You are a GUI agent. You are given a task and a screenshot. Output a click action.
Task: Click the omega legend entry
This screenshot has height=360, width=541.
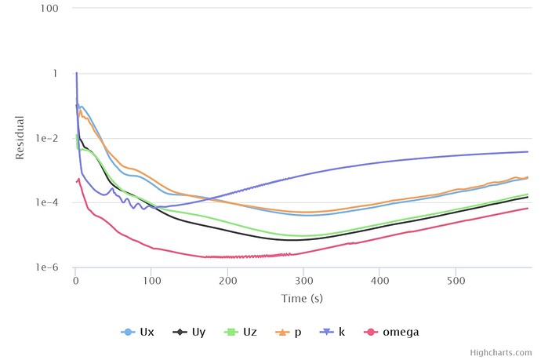pyautogui.click(x=395, y=332)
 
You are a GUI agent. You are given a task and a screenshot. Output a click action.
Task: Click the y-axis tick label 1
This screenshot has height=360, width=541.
pyautogui.click(x=54, y=74)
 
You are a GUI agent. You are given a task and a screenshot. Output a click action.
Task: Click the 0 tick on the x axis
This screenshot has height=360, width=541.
pyautogui.click(x=75, y=279)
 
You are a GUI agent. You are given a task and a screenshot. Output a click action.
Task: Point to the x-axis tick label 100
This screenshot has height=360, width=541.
pyautogui.click(x=152, y=279)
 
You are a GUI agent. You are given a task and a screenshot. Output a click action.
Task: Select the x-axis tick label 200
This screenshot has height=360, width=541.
pyautogui.click(x=228, y=279)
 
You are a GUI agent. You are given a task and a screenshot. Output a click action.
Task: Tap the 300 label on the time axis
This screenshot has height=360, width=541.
pyautogui.click(x=304, y=279)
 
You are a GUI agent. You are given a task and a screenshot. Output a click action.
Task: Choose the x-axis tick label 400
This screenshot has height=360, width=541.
pyautogui.click(x=380, y=279)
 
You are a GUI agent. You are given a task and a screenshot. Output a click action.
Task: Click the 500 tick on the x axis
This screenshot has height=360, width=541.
pyautogui.click(x=456, y=279)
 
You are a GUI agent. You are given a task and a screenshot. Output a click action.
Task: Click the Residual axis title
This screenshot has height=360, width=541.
pyautogui.click(x=20, y=138)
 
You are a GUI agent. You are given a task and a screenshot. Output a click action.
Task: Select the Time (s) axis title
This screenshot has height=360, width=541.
pyautogui.click(x=303, y=298)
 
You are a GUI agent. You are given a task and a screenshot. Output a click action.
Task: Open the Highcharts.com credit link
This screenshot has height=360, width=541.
pyautogui.click(x=505, y=353)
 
